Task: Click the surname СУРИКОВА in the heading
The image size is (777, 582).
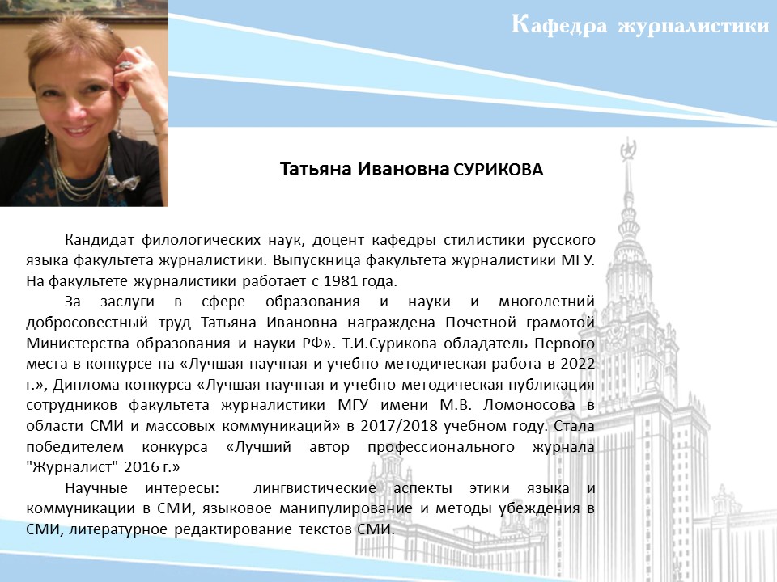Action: pyautogui.click(x=499, y=170)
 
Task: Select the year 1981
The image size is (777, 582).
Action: pyautogui.click(x=340, y=281)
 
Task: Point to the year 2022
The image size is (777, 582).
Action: pyautogui.click(x=577, y=364)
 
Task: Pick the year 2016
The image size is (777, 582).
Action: pyautogui.click(x=141, y=466)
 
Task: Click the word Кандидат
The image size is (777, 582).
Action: pyautogui.click(x=100, y=240)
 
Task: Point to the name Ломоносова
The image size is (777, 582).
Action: pyautogui.click(x=529, y=405)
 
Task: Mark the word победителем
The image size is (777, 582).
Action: pyautogui.click(x=74, y=447)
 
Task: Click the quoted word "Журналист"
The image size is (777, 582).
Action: pyautogui.click(x=72, y=466)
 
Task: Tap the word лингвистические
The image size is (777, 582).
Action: pyautogui.click(x=315, y=488)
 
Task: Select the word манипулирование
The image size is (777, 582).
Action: pyautogui.click(x=346, y=508)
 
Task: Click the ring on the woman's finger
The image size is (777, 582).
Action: pyautogui.click(x=125, y=65)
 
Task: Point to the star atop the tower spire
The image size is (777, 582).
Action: pyautogui.click(x=628, y=149)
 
